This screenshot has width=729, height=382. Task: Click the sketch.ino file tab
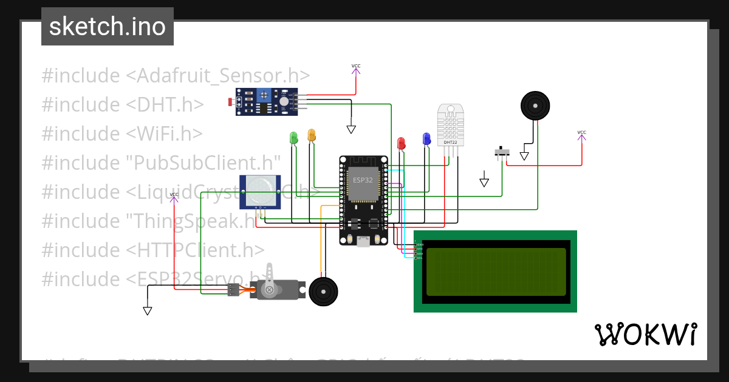[108, 27]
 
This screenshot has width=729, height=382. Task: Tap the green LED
[293, 138]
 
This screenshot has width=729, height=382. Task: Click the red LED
[401, 143]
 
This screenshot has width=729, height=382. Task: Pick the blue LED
[426, 139]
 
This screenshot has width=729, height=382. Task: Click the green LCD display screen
[495, 271]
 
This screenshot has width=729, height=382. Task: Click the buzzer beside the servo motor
[323, 292]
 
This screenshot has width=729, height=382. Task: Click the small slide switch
[502, 152]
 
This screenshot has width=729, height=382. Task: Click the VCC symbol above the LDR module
[355, 69]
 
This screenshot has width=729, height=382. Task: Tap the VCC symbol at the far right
[581, 135]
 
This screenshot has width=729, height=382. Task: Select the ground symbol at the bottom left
[147, 310]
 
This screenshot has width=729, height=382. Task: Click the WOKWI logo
[645, 334]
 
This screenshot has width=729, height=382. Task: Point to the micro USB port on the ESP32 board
[363, 241]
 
